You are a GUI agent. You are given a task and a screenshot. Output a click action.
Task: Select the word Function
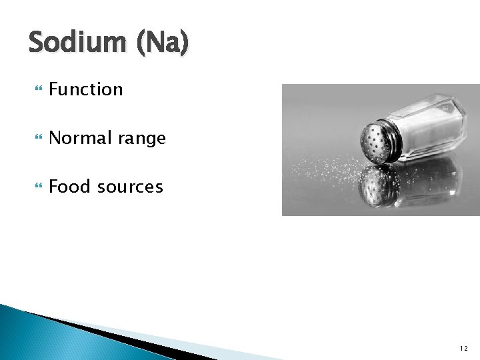click(86, 89)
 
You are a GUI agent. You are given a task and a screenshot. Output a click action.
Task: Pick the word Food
click(69, 187)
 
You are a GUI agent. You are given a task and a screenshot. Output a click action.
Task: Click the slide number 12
click(463, 348)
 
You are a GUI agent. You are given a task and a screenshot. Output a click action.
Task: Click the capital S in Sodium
click(37, 43)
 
